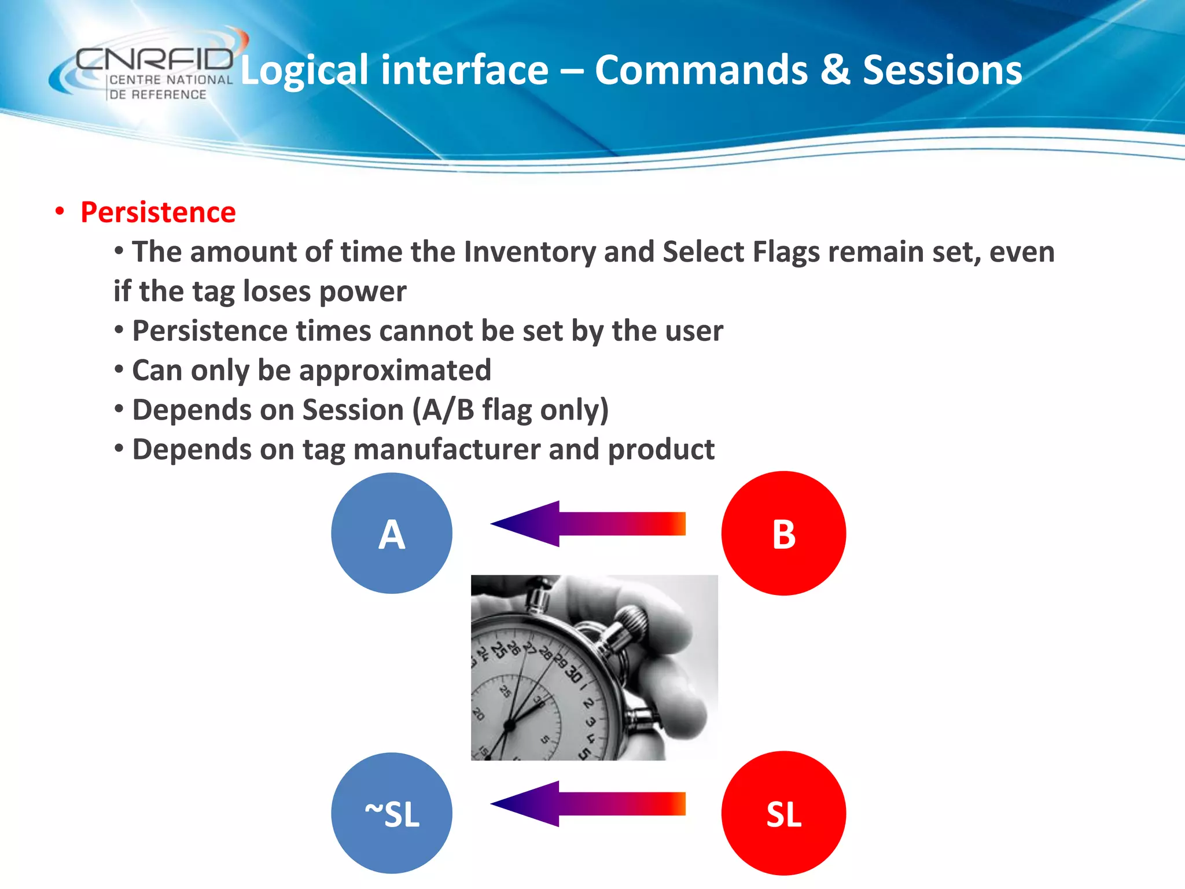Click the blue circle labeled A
click(392, 533)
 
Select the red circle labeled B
click(783, 533)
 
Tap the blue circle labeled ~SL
click(392, 813)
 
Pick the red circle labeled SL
click(783, 813)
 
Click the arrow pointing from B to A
click(587, 524)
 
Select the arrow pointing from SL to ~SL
click(587, 804)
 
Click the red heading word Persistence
click(158, 212)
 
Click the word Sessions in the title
click(942, 70)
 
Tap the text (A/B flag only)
click(510, 410)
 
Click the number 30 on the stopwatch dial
click(573, 674)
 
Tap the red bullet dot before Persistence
click(60, 211)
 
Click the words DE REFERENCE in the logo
click(157, 94)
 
